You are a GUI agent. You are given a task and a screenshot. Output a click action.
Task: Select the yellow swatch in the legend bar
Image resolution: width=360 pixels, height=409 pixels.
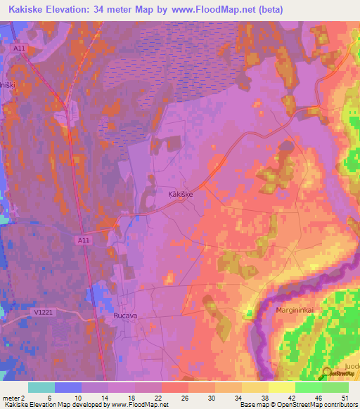[x=281, y=387]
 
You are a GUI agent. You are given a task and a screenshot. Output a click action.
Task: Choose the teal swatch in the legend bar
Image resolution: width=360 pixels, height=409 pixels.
[x=41, y=387]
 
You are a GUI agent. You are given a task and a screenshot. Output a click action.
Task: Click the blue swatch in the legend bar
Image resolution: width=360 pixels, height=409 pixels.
[x=68, y=387]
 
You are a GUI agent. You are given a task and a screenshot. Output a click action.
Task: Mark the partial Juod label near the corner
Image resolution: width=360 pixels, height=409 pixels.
[x=352, y=367]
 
